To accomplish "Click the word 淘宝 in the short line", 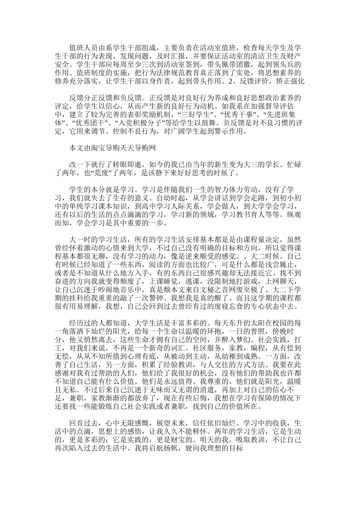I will pos(96,148).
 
